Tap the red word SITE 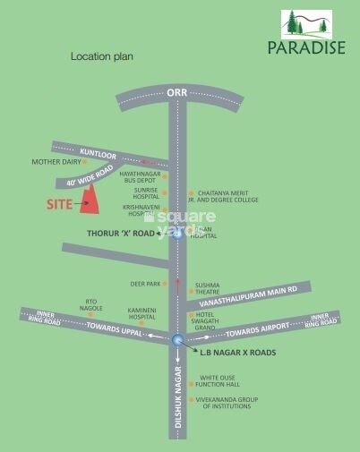(59, 204)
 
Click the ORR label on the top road (176, 92)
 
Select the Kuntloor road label (99, 153)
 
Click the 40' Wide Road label (96, 175)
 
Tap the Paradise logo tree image (306, 24)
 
